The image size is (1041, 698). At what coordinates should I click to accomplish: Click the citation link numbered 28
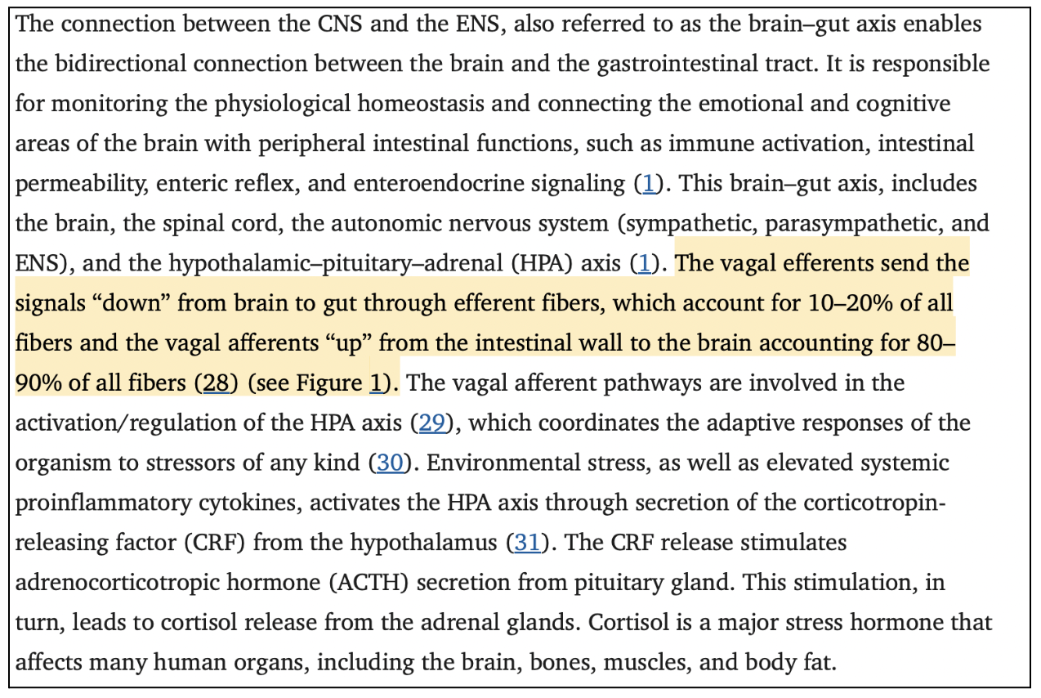tap(216, 383)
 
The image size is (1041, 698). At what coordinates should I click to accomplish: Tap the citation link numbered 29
tap(432, 423)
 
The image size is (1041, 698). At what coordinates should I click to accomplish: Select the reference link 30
tap(390, 463)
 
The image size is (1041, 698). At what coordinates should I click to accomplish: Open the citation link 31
tap(527, 543)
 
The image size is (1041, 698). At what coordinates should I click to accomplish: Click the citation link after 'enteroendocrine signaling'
tap(650, 184)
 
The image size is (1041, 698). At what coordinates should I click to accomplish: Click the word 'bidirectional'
tap(121, 64)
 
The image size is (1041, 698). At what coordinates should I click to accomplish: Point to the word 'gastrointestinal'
tap(678, 65)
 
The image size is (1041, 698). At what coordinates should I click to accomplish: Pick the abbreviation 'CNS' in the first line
tap(340, 25)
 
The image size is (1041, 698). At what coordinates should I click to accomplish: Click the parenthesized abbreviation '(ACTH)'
tap(369, 583)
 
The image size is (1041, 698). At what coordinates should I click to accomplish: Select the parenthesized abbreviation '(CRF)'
tap(215, 543)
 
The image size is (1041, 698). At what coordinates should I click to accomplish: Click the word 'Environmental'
tap(536, 463)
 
